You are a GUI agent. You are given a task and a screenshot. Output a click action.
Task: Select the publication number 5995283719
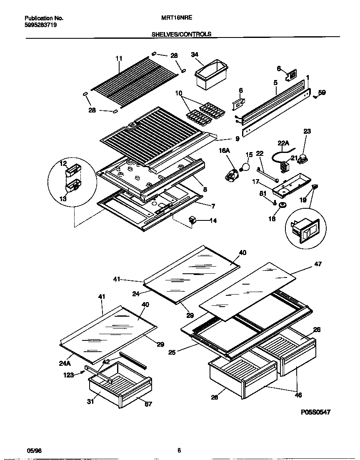click(x=41, y=25)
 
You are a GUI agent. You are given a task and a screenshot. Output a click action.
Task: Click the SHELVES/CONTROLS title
click(x=181, y=35)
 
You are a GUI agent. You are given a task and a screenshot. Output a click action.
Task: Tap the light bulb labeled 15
click(x=246, y=167)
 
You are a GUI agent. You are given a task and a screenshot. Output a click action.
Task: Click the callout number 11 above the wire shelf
click(x=119, y=58)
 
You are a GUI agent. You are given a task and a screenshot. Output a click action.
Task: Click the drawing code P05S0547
click(x=315, y=412)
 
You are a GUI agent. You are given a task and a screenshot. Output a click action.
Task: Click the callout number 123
click(x=68, y=375)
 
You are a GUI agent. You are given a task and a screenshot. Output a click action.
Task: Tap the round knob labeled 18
click(x=282, y=205)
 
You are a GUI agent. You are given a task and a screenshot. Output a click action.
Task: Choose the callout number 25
click(x=172, y=352)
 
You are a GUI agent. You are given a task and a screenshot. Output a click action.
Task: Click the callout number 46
click(x=299, y=395)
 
